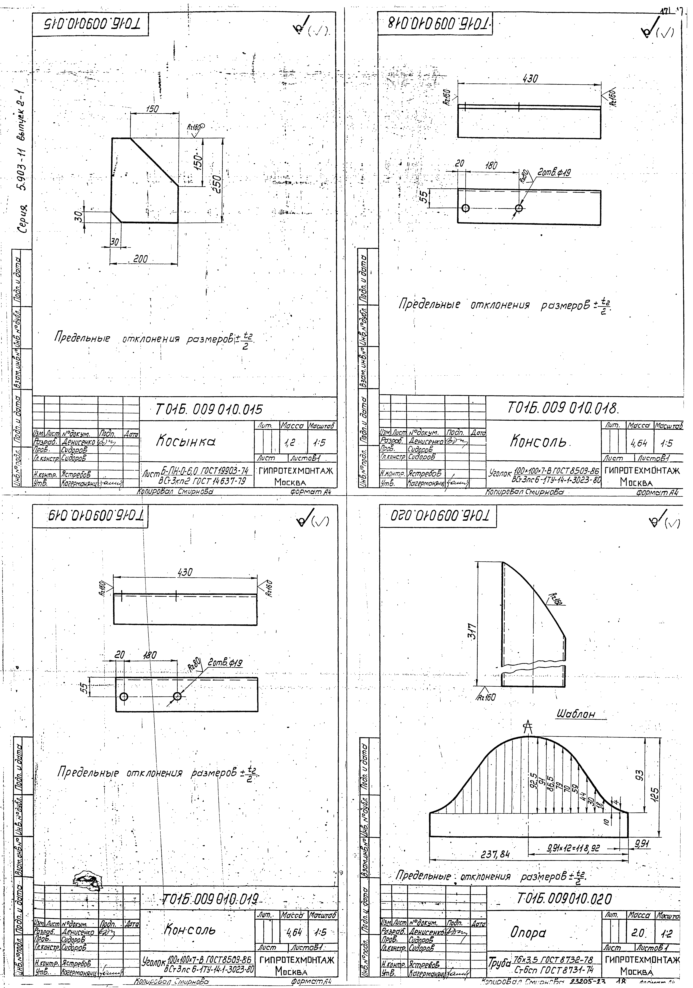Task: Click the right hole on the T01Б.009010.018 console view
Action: tap(519, 208)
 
